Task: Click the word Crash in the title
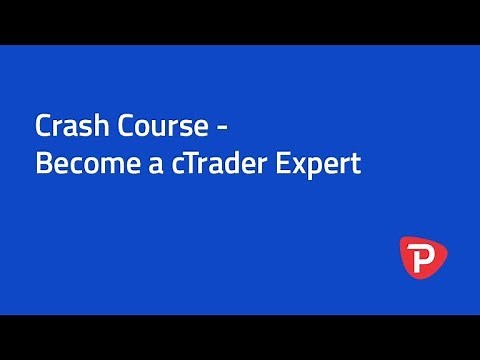[x=65, y=129]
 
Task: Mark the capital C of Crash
[x=42, y=129]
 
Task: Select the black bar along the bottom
[x=240, y=337]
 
